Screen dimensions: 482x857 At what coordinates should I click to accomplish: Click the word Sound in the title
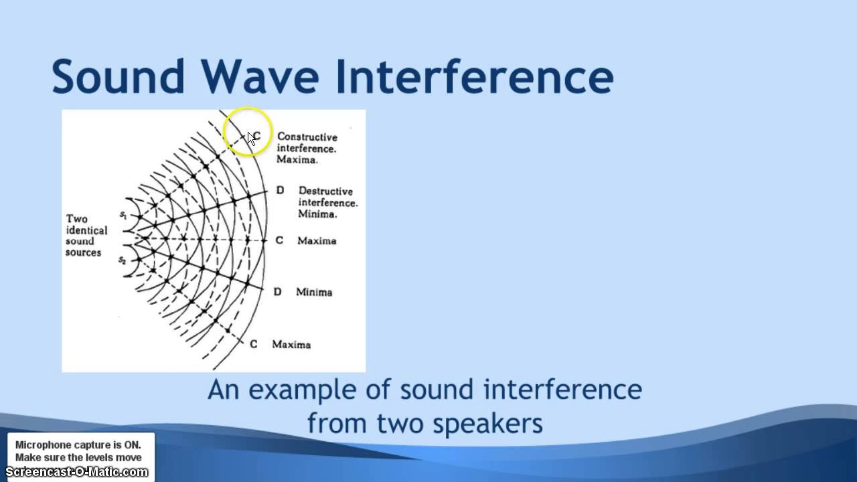pyautogui.click(x=118, y=76)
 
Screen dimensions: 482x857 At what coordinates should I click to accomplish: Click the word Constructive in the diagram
pyautogui.click(x=307, y=137)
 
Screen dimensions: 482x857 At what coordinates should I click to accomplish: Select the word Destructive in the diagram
pyautogui.click(x=325, y=191)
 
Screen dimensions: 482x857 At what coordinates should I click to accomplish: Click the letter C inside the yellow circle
pyautogui.click(x=257, y=136)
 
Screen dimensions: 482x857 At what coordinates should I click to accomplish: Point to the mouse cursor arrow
pyautogui.click(x=250, y=138)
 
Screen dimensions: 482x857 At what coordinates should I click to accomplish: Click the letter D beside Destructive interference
pyautogui.click(x=280, y=191)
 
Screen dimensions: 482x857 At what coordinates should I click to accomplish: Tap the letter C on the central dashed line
pyautogui.click(x=280, y=240)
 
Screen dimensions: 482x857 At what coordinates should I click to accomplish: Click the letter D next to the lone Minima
pyautogui.click(x=278, y=292)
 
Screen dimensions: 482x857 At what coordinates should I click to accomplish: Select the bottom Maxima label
pyautogui.click(x=291, y=344)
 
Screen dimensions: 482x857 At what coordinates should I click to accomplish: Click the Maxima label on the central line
pyautogui.click(x=317, y=240)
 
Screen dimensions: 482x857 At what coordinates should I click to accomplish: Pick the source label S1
pyautogui.click(x=123, y=216)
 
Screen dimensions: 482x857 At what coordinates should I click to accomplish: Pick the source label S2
pyautogui.click(x=123, y=260)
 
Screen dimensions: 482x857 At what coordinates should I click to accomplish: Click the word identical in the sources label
pyautogui.click(x=86, y=230)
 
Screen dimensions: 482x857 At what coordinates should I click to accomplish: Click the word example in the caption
pyautogui.click(x=304, y=390)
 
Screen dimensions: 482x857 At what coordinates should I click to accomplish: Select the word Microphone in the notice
pyautogui.click(x=43, y=445)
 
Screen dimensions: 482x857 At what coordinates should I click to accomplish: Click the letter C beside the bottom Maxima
pyautogui.click(x=253, y=344)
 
